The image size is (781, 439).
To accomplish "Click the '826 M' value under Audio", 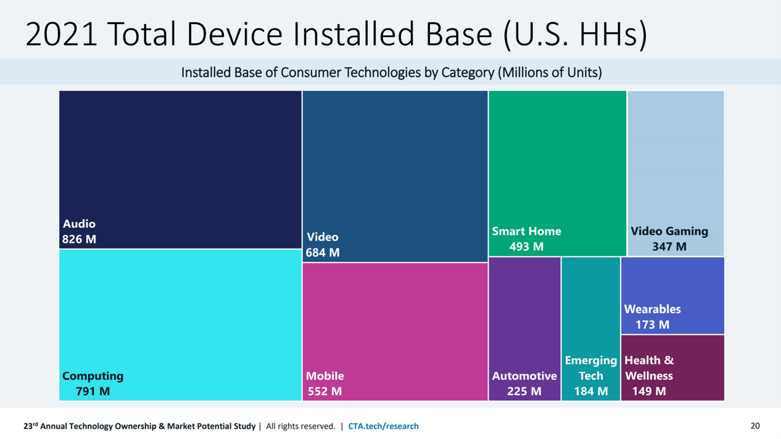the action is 79,239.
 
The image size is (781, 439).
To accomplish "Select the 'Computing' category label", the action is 93,376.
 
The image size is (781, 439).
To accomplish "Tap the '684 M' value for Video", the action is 323,253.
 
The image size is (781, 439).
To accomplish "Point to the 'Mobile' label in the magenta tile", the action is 325,376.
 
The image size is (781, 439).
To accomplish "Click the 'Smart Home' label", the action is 526,231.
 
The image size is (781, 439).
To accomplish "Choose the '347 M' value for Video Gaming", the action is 669,247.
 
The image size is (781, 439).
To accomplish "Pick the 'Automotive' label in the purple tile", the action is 524,376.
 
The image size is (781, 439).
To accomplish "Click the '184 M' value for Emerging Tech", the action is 591,392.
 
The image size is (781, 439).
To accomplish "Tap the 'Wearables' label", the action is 652,309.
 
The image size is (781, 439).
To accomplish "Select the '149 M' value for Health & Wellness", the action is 649,392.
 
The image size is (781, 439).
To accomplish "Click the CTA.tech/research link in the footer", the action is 383,426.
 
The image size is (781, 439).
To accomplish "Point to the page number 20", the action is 755,426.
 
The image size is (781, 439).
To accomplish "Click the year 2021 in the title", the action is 61,34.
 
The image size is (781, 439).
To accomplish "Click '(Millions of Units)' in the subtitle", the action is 550,73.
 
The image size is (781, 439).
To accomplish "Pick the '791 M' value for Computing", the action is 93,392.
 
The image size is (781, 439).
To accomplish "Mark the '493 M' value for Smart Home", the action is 526,247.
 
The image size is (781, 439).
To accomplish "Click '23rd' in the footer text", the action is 31,426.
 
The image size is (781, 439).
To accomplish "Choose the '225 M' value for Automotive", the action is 524,392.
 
